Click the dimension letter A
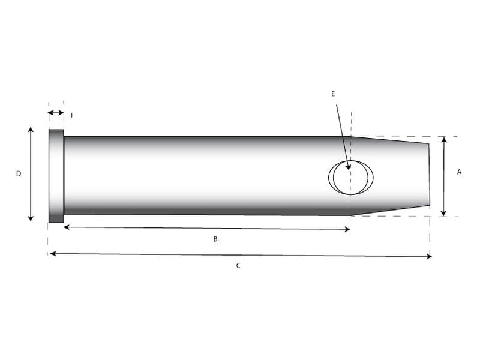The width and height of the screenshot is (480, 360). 459,172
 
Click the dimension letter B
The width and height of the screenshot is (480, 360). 215,239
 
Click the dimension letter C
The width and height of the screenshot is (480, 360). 238,265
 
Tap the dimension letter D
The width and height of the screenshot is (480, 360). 19,174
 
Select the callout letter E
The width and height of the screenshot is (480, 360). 333,94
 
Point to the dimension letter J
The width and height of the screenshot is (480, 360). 71,115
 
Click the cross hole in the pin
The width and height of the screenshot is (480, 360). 351,177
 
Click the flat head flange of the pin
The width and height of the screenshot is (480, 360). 56,176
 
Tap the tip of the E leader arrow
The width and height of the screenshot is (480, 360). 349,170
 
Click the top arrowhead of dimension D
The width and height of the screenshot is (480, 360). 31,130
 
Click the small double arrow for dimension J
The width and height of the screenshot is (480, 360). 56,113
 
